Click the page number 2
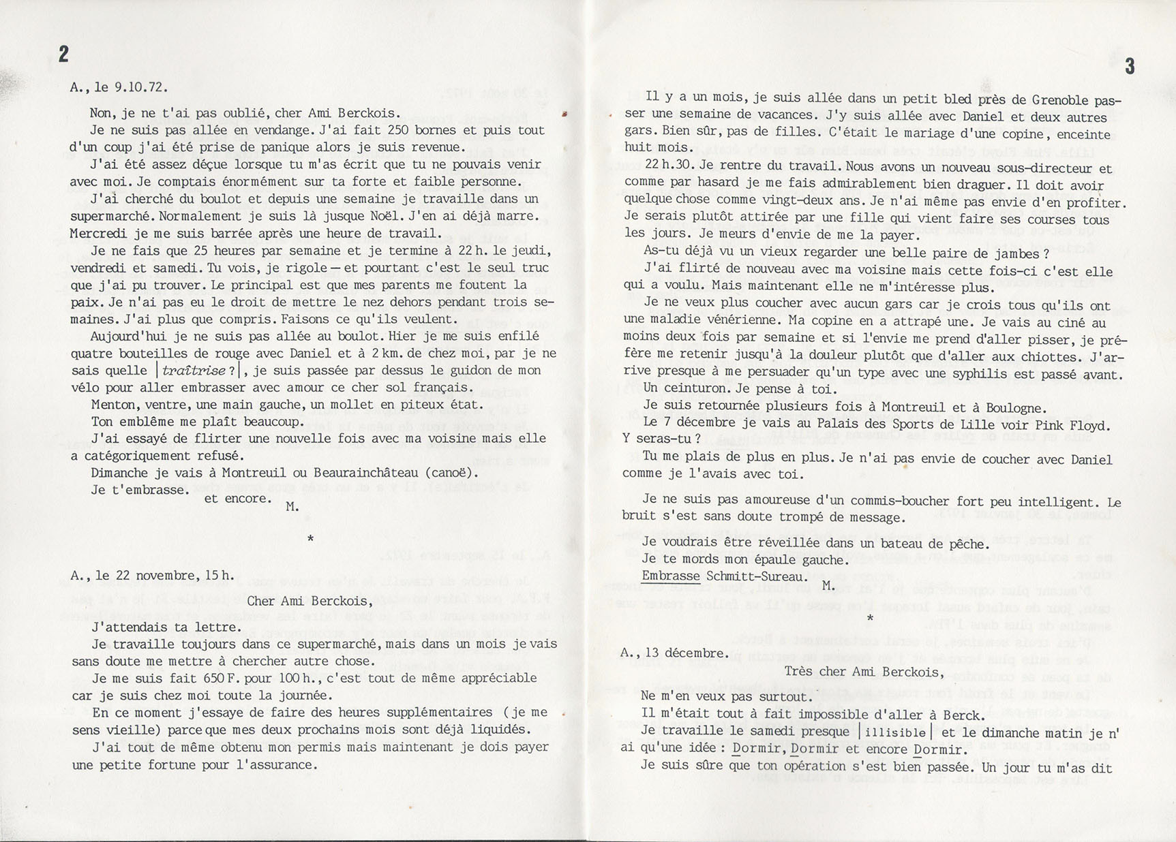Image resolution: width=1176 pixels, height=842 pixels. [x=63, y=54]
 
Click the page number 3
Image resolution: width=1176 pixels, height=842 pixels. [x=1130, y=66]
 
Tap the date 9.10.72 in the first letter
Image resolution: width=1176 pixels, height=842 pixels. [x=142, y=87]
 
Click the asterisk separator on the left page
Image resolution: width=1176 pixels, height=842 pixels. [x=311, y=540]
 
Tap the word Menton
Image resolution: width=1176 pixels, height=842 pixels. [x=115, y=405]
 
